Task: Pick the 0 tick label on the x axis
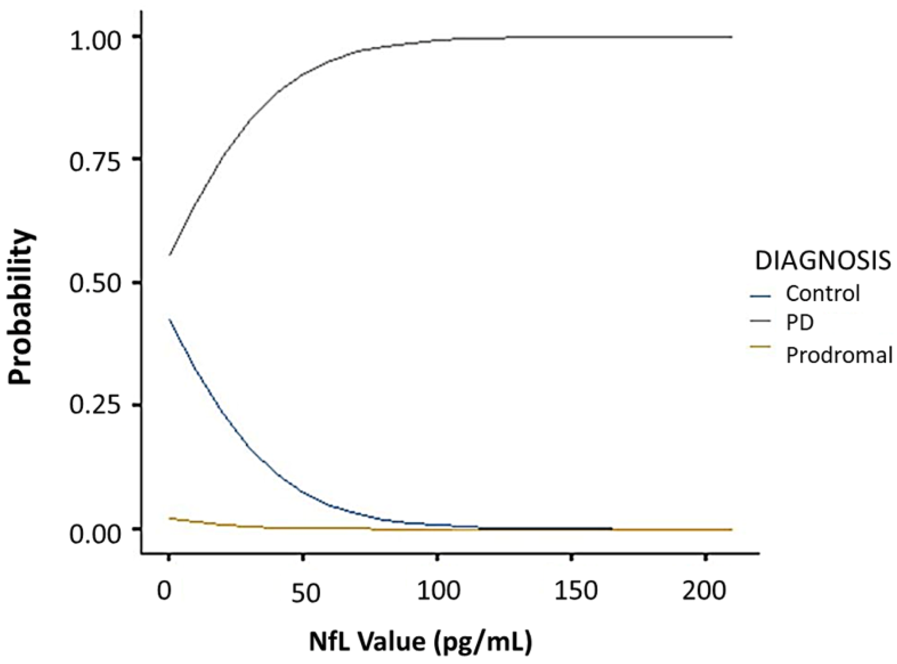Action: (165, 591)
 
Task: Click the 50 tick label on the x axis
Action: (306, 594)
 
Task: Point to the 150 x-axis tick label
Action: (575, 591)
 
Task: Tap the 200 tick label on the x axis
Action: (704, 591)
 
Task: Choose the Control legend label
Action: (822, 293)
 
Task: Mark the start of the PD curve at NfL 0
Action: (170, 255)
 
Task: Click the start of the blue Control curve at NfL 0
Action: (170, 319)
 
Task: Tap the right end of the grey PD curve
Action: (732, 37)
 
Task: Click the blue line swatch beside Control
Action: (760, 295)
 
